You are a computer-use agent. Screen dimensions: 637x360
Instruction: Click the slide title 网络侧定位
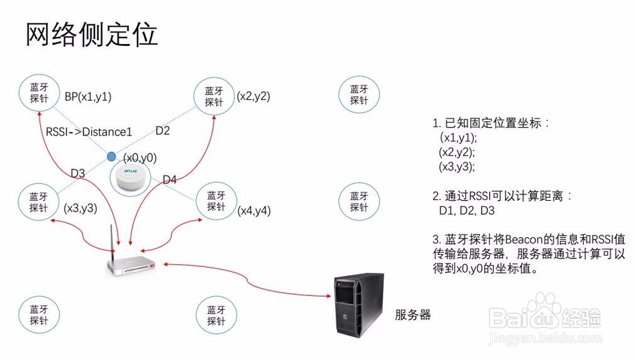pyautogui.click(x=92, y=34)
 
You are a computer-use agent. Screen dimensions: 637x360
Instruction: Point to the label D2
pyautogui.click(x=162, y=131)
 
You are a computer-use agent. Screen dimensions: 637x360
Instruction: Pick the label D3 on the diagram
pyautogui.click(x=78, y=173)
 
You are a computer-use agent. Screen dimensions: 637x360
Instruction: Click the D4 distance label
pyautogui.click(x=169, y=179)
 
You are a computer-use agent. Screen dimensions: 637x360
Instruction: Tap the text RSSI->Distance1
pyautogui.click(x=89, y=132)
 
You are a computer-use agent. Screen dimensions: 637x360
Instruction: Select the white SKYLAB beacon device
pyautogui.click(x=131, y=178)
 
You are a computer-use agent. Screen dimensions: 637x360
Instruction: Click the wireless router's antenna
pyautogui.click(x=111, y=239)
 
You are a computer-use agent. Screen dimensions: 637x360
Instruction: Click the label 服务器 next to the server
pyautogui.click(x=413, y=315)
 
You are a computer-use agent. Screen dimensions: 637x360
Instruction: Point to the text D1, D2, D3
pyautogui.click(x=467, y=210)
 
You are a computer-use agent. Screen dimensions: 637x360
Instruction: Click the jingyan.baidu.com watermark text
pyautogui.click(x=545, y=338)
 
